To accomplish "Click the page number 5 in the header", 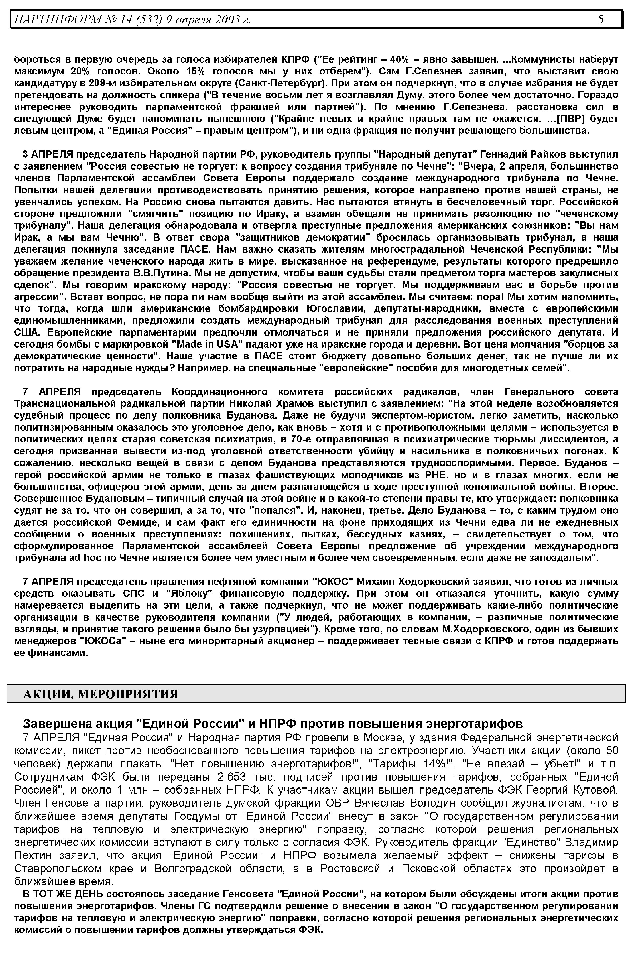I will coord(600,19).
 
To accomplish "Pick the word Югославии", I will coord(336,308).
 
